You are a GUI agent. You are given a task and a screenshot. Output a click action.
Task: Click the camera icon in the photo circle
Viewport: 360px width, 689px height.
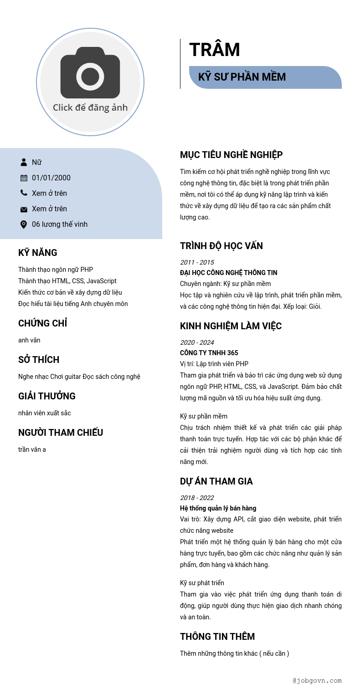[x=90, y=73]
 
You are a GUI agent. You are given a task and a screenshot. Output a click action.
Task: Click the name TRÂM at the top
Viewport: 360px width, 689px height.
[x=215, y=50]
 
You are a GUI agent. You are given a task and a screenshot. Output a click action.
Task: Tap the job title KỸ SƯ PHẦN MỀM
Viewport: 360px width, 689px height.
[x=242, y=77]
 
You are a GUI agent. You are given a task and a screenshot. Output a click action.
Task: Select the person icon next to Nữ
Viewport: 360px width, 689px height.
[x=24, y=162]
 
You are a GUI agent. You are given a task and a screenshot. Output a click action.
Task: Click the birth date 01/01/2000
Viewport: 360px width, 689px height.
[x=51, y=178]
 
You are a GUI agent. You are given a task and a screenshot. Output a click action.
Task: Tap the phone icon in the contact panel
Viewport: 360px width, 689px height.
[x=24, y=193]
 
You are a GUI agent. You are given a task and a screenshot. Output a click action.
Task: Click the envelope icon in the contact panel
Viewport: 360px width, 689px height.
[x=24, y=209]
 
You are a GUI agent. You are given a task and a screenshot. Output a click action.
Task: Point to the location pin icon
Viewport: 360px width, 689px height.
[x=24, y=224]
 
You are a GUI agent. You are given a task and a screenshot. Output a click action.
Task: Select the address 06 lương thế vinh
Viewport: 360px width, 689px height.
[x=60, y=224]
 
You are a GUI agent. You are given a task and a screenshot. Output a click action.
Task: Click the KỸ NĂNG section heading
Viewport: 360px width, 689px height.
[x=38, y=253]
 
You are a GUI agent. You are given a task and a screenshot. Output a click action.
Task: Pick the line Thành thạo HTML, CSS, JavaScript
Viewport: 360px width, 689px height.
[x=67, y=281]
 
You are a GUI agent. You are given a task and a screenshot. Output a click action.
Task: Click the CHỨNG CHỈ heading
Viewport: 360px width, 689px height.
[x=42, y=323]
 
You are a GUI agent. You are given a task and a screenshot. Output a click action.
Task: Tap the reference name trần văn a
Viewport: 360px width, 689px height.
[x=32, y=449]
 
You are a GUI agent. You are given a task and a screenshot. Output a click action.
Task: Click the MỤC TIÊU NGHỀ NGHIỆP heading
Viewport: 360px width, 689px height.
[x=231, y=155]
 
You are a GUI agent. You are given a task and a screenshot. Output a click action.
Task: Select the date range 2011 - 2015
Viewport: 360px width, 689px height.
[x=197, y=262]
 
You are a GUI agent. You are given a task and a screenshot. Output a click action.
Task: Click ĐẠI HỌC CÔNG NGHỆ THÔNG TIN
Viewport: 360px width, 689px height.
[x=228, y=273]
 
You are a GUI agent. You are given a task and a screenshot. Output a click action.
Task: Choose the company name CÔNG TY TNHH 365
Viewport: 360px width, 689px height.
[x=209, y=353]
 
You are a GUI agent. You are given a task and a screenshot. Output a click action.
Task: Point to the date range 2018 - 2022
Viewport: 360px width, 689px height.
[x=197, y=498]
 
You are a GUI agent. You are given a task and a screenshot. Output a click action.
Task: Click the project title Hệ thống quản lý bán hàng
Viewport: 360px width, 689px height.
[x=218, y=508]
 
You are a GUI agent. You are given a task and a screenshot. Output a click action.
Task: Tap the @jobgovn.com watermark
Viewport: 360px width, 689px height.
[x=317, y=681]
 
